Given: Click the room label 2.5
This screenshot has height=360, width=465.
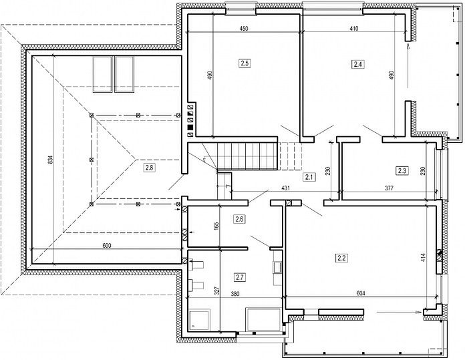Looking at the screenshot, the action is click(x=245, y=63).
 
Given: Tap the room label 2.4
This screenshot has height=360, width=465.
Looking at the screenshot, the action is click(x=358, y=64).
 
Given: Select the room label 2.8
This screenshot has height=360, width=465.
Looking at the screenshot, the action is click(x=149, y=168).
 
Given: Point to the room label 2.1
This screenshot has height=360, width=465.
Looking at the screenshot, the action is click(x=309, y=178).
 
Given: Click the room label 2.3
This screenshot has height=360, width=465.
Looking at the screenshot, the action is click(x=402, y=170).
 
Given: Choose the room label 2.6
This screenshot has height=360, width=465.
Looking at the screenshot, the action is click(x=239, y=220).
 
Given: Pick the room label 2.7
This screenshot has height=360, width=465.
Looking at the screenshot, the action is click(x=240, y=278).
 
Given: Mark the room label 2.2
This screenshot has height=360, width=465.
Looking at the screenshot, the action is click(x=341, y=258).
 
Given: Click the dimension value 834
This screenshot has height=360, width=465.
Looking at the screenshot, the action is click(x=50, y=160).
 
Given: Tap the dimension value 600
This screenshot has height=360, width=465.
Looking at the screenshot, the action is click(x=107, y=246).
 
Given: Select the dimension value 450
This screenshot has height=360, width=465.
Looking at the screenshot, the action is click(x=243, y=29).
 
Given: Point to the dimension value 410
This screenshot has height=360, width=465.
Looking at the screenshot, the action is click(x=354, y=29).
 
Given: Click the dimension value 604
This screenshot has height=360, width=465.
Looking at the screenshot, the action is click(x=361, y=294).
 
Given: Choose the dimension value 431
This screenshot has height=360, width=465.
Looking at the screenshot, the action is click(x=285, y=188).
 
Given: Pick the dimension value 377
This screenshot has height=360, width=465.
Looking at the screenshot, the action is click(x=389, y=188).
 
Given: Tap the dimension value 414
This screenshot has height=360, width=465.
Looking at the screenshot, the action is click(x=423, y=258).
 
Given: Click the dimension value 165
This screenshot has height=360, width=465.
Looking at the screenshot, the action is click(x=216, y=226).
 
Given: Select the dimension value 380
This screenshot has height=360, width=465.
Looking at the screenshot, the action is click(x=235, y=294).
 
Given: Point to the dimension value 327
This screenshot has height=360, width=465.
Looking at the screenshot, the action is click(x=216, y=291).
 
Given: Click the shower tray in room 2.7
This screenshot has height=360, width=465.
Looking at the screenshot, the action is click(x=199, y=320).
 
